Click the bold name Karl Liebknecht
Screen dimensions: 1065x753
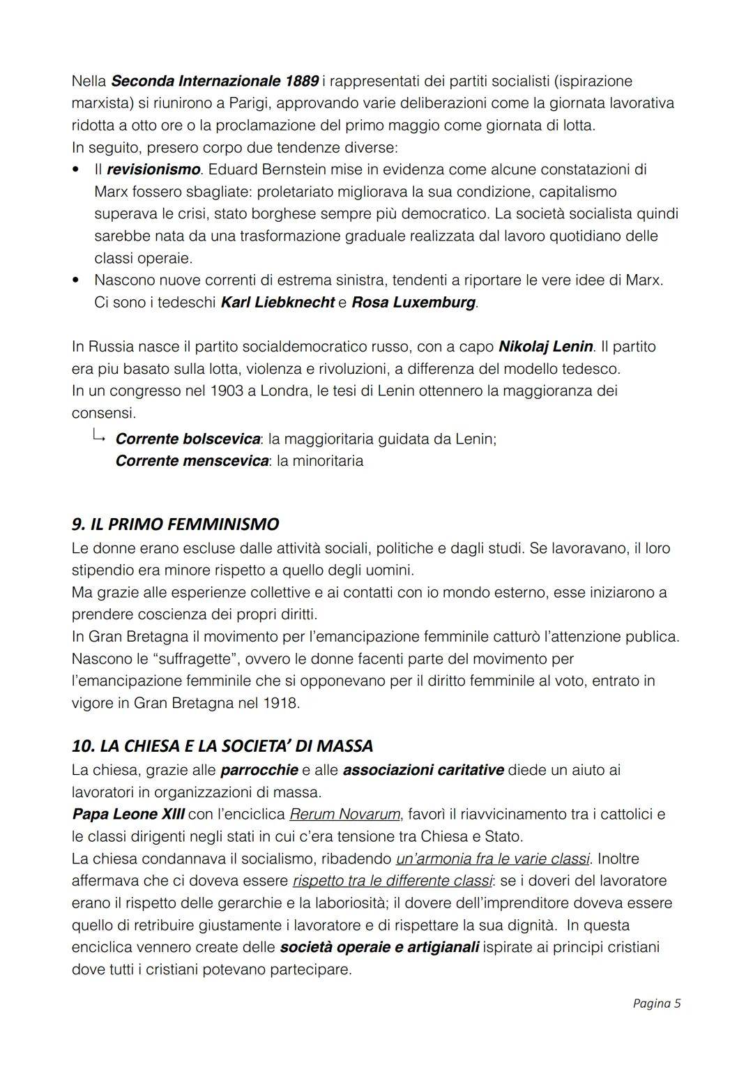coord(277,303)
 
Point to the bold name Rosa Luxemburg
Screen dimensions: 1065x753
coord(414,303)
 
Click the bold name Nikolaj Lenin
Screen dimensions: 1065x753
coord(546,347)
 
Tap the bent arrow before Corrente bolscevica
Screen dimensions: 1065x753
coord(98,437)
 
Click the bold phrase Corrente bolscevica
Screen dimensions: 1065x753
coord(188,439)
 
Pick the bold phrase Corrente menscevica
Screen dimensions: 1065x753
coord(192,461)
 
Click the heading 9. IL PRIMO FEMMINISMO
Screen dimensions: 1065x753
coord(175,524)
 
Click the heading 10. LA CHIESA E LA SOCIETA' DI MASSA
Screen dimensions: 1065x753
coord(222,746)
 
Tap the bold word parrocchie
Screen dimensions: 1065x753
coord(259,770)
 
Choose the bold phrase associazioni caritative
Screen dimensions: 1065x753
coord(423,770)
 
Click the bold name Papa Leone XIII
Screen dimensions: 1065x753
coord(128,814)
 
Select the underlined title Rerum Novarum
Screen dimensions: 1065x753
coord(344,814)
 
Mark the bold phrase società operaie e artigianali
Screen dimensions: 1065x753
coord(379,947)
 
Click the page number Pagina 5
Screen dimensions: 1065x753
coord(656,1004)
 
